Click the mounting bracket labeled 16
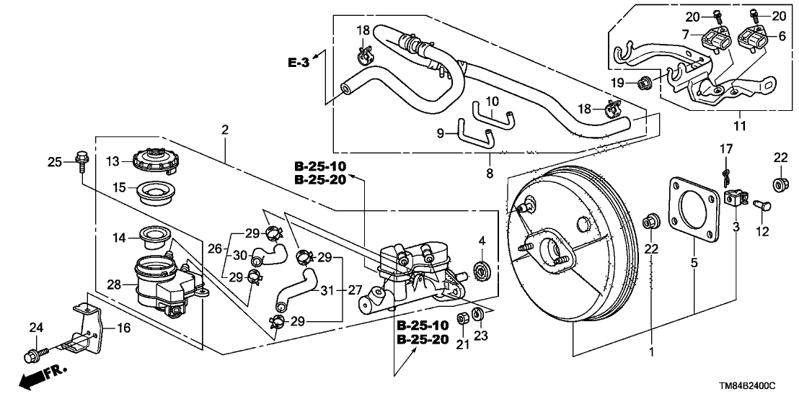point(87,326)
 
